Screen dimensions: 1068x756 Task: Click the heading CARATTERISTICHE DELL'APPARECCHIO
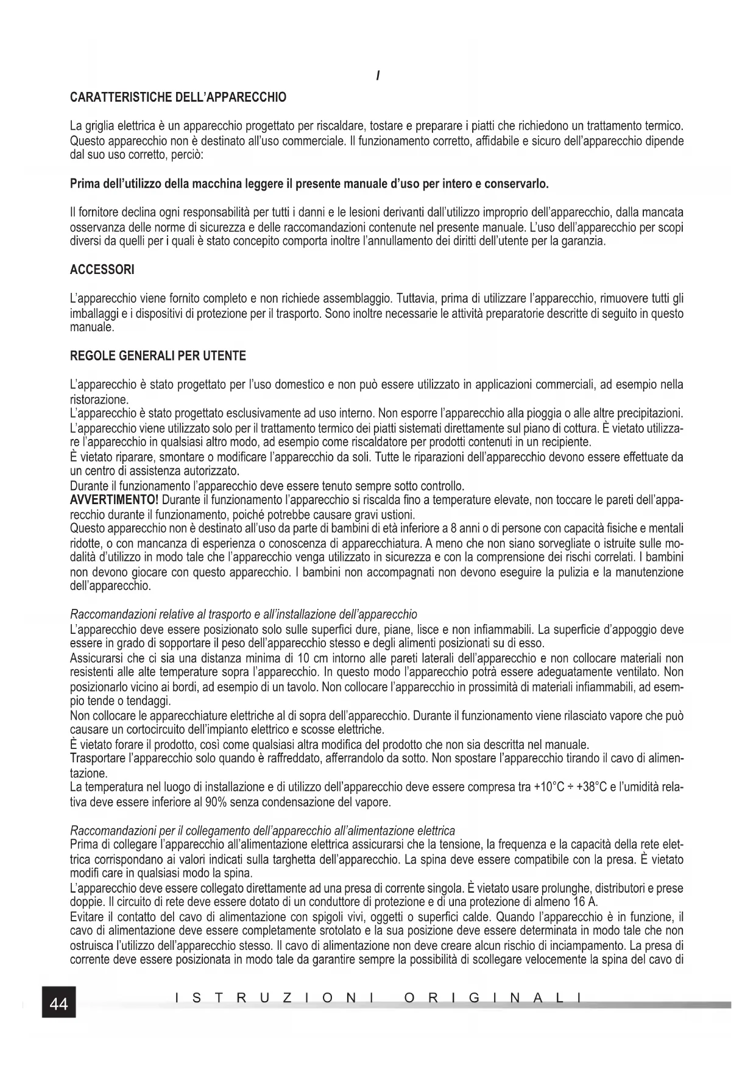[x=178, y=97]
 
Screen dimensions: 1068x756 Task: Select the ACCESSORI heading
[x=102, y=270]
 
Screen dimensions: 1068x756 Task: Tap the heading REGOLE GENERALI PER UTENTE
[x=158, y=356]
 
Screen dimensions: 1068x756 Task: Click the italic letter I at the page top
[x=378, y=77]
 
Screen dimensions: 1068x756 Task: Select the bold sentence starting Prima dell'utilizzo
[x=309, y=184]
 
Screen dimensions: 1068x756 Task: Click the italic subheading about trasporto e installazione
[x=244, y=614]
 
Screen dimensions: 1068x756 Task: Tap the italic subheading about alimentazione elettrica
[x=263, y=831]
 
